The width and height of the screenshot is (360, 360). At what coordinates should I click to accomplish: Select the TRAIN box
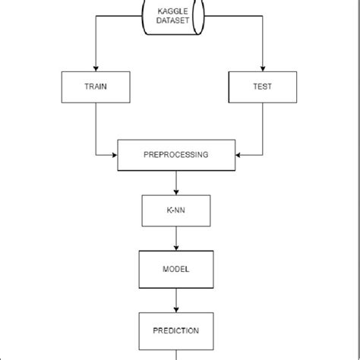[x=95, y=87]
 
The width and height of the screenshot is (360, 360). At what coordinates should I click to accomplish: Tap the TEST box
[x=262, y=87]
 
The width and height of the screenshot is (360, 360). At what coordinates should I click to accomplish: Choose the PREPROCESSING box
[x=176, y=155]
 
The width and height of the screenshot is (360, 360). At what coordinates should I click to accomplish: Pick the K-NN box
[x=176, y=211]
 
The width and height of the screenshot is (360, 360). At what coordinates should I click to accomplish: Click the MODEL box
[x=176, y=269]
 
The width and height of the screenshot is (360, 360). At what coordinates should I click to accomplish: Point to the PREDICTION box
[x=176, y=330]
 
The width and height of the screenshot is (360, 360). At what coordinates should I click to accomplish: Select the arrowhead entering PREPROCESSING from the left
[x=115, y=155]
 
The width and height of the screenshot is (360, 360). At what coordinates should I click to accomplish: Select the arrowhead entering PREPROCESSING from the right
[x=239, y=155]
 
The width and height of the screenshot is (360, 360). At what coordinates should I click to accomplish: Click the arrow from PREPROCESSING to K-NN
[x=176, y=182]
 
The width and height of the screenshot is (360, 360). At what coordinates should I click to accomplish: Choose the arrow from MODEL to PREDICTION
[x=176, y=299]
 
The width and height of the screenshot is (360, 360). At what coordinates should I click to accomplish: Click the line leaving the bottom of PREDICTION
[x=176, y=354]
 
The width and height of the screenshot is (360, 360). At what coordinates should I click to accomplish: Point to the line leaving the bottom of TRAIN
[x=95, y=125]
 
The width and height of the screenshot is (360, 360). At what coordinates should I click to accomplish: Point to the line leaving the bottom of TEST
[x=262, y=125]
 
